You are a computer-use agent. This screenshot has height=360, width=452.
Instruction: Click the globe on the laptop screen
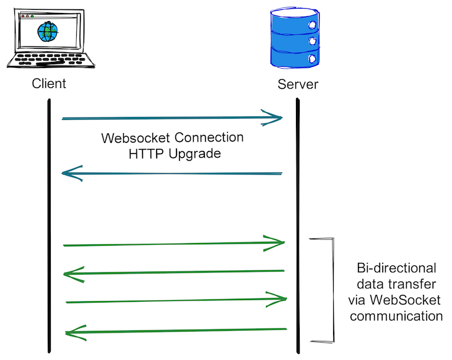coord(47,30)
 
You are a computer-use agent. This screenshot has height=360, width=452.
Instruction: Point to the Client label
coord(49,84)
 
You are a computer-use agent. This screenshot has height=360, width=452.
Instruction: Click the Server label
coord(298,84)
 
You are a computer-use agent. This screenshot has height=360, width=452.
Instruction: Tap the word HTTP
coord(145,153)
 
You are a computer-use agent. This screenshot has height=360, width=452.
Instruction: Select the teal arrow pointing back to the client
coord(173,174)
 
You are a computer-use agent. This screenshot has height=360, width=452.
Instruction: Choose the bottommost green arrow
coord(176,332)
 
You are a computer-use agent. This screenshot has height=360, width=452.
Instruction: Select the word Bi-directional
coord(396,269)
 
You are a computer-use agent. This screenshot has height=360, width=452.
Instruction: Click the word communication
coord(396,316)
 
